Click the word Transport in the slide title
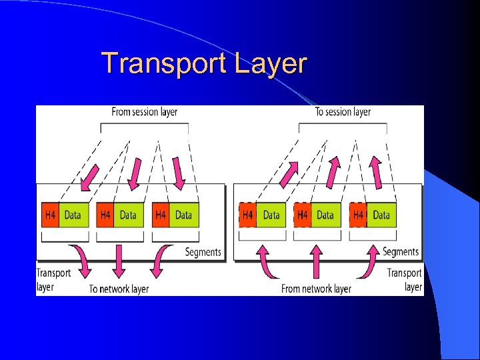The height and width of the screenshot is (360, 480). click(x=165, y=63)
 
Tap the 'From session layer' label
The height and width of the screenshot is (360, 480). click(x=145, y=111)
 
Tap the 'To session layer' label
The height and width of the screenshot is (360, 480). click(x=343, y=111)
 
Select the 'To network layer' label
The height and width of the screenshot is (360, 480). click(x=119, y=289)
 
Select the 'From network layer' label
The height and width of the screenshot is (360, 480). click(x=316, y=289)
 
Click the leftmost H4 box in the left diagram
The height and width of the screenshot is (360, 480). click(x=50, y=215)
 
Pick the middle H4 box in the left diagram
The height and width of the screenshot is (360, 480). click(x=105, y=215)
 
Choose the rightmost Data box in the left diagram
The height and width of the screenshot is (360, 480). click(x=183, y=215)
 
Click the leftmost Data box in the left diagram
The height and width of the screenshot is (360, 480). click(x=73, y=215)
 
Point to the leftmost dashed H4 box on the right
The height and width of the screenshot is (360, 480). click(x=247, y=215)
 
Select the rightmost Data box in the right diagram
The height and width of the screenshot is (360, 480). click(x=381, y=215)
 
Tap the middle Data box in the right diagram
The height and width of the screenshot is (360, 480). click(x=325, y=215)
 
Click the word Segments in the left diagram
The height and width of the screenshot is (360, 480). click(x=203, y=252)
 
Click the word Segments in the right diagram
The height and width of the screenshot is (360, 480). click(x=401, y=251)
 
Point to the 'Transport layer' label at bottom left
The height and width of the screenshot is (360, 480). click(x=53, y=279)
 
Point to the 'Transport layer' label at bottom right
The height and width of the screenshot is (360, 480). click(x=405, y=279)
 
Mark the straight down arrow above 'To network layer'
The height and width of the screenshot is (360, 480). click(x=119, y=261)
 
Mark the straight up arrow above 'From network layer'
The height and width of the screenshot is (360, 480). click(x=315, y=261)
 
